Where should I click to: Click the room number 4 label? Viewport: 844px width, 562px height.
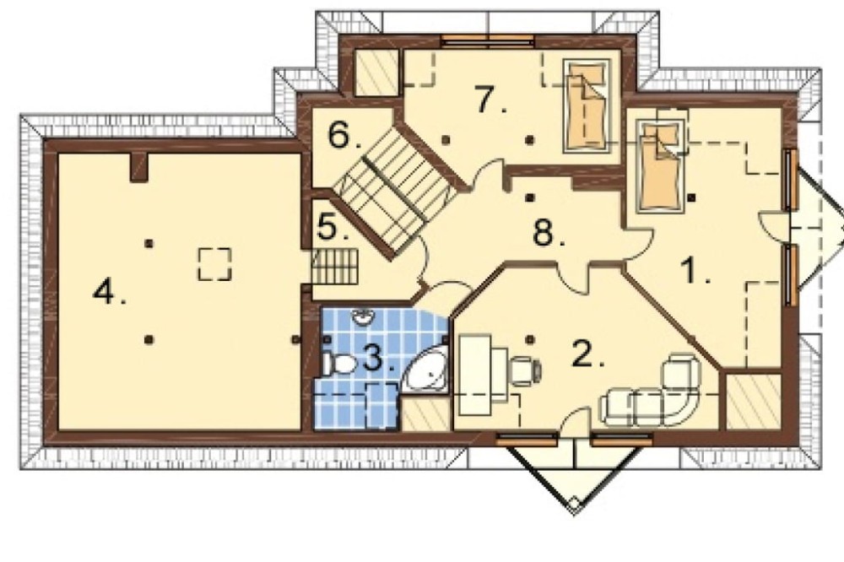click(109, 294)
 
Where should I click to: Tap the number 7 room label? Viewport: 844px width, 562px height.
click(490, 100)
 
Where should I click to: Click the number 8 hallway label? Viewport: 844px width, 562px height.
click(549, 234)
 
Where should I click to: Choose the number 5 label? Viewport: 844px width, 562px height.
click(333, 227)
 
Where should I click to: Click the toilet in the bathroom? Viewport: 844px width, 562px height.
click(339, 364)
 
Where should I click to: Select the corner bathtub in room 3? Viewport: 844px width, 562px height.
click(427, 370)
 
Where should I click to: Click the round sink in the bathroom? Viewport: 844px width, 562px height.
click(365, 317)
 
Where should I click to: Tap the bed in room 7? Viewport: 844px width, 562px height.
click(587, 105)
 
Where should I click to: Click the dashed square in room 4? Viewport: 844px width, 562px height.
click(214, 264)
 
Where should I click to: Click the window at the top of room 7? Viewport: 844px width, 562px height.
click(487, 40)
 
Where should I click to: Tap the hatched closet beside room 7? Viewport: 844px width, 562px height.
click(376, 73)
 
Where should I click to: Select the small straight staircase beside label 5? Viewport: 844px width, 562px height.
click(335, 267)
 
